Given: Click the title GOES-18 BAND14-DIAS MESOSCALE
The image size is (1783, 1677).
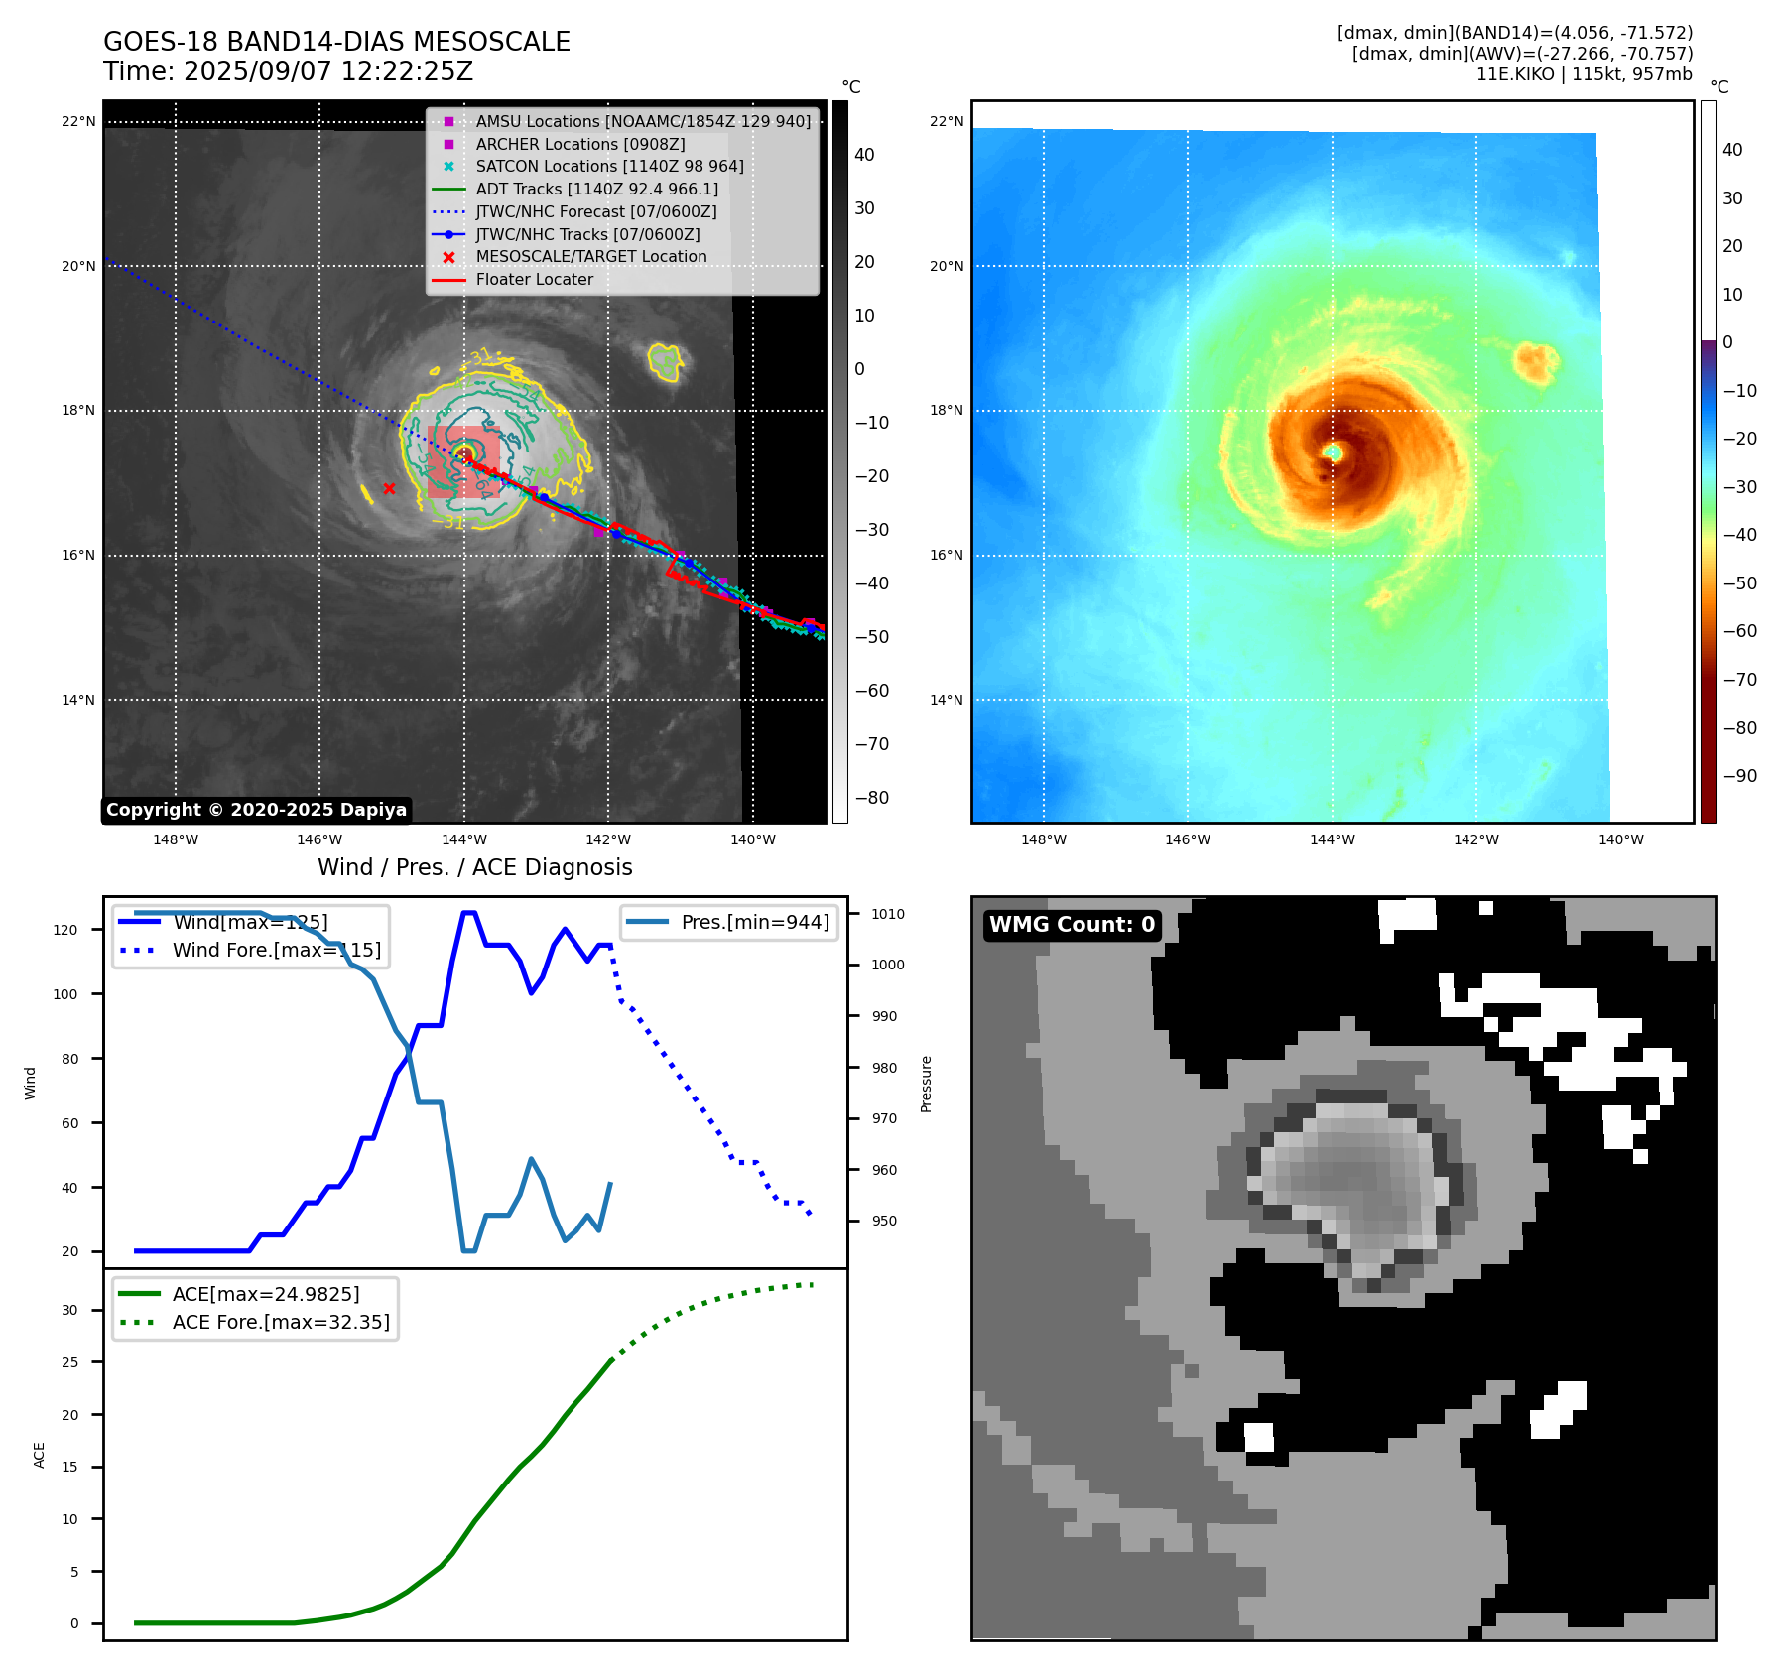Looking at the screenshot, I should (x=336, y=42).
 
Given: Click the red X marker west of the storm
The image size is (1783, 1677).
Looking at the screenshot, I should (x=389, y=488).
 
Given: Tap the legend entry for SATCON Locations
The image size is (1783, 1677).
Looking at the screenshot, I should (x=609, y=166).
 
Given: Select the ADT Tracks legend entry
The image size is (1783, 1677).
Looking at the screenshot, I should (x=596, y=189).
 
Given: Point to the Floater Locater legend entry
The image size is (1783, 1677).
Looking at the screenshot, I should (x=534, y=279).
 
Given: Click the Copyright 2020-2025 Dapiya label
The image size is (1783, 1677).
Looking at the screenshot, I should (x=256, y=810).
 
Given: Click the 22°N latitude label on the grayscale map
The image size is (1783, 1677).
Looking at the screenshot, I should (x=78, y=122).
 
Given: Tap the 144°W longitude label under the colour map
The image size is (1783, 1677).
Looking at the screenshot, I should (x=1332, y=839).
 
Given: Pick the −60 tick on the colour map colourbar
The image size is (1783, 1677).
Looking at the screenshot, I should (x=1740, y=631).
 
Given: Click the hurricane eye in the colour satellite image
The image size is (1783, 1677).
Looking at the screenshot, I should (x=1334, y=452).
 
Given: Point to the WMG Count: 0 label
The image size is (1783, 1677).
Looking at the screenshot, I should (x=1072, y=925).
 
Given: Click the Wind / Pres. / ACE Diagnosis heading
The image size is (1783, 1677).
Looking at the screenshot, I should (x=474, y=867).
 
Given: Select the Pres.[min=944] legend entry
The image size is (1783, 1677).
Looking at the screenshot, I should (x=754, y=922).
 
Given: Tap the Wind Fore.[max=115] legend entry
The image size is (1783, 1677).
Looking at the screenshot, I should (x=276, y=950).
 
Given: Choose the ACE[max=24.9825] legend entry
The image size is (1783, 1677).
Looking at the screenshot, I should (x=265, y=1294).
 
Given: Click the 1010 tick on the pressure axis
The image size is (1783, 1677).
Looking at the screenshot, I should (x=888, y=914).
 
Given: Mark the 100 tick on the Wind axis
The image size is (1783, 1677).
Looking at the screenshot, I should (x=65, y=994).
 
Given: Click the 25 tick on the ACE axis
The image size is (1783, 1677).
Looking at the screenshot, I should (x=69, y=1362).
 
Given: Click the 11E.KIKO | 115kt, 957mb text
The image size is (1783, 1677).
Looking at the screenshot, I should (x=1584, y=74).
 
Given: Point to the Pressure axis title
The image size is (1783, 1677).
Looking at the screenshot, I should (x=926, y=1084).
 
